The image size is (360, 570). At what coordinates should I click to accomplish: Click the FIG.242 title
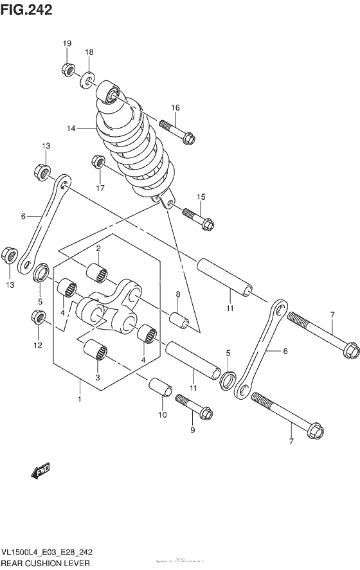[27, 10]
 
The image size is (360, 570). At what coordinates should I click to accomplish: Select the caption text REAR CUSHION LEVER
[45, 564]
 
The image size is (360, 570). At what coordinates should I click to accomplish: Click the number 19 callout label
[67, 43]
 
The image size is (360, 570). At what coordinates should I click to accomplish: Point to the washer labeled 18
[88, 80]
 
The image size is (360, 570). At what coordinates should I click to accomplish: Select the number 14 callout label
[71, 129]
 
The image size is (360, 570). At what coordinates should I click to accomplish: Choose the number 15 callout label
[201, 197]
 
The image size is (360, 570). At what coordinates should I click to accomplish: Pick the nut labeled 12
[37, 317]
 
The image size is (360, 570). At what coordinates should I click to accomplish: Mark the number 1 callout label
[80, 400]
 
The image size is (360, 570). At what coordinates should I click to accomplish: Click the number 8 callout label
[178, 295]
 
